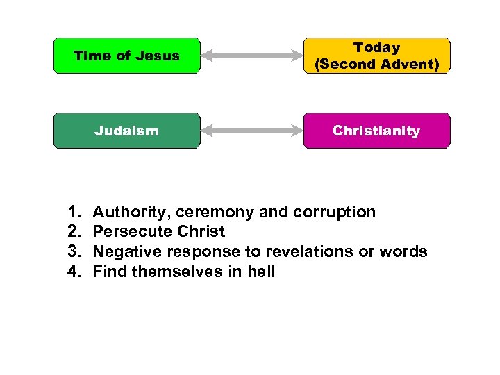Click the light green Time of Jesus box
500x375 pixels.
[x=126, y=56]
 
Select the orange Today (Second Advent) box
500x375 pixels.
[x=376, y=56]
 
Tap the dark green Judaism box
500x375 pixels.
[x=126, y=131]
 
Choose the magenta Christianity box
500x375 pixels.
[x=376, y=131]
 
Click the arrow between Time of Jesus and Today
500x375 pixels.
[x=251, y=56]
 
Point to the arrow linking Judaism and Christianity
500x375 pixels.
[x=251, y=131]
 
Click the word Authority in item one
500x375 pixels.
[x=126, y=212]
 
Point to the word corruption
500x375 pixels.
[x=335, y=212]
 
